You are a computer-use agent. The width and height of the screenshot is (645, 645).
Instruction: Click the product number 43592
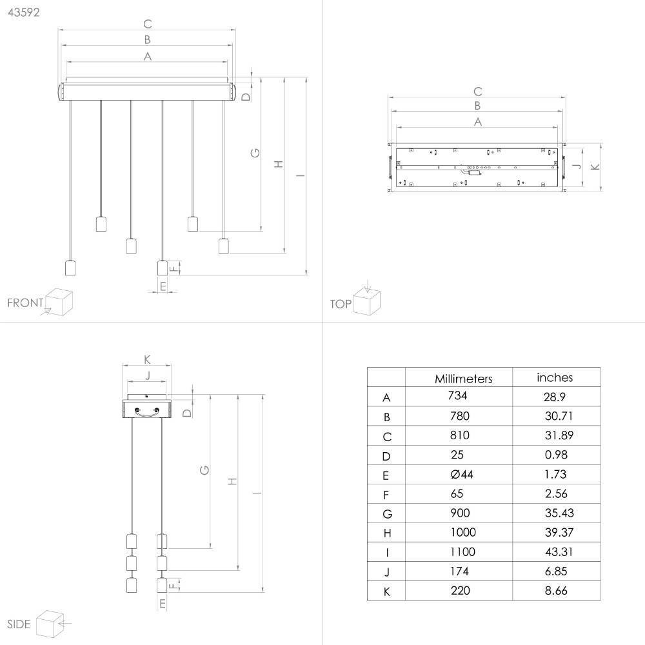pyautogui.click(x=23, y=12)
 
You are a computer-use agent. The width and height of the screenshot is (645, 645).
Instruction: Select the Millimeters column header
pyautogui.click(x=463, y=379)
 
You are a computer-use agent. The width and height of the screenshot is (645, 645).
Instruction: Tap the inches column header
pyautogui.click(x=555, y=377)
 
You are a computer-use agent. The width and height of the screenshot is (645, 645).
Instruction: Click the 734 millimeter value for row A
pyautogui.click(x=457, y=396)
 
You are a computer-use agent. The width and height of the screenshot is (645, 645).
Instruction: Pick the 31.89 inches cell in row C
pyautogui.click(x=559, y=435)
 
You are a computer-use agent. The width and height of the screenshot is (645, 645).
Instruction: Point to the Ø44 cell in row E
pyautogui.click(x=462, y=474)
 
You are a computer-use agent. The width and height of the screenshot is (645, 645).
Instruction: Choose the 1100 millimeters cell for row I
pyautogui.click(x=462, y=551)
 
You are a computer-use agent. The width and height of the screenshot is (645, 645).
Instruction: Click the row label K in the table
pyautogui.click(x=386, y=591)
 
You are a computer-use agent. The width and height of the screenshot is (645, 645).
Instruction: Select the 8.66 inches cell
pyautogui.click(x=556, y=591)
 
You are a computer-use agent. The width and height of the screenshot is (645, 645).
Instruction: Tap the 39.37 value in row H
pyautogui.click(x=559, y=532)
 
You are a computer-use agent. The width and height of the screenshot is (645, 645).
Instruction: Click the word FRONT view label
pyautogui.click(x=25, y=303)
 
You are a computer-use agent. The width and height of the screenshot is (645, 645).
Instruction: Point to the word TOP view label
pyautogui.click(x=341, y=304)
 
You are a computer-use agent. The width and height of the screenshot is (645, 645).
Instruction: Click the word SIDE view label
pyautogui.click(x=19, y=624)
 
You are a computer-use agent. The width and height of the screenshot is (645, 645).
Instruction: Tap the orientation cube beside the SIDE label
pyautogui.click(x=50, y=624)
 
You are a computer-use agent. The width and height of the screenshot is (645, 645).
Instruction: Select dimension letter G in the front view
pyautogui.click(x=255, y=153)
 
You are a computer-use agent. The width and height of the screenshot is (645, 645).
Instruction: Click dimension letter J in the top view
pyautogui.click(x=577, y=166)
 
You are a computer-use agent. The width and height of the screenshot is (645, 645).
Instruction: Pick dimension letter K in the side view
pyautogui.click(x=147, y=359)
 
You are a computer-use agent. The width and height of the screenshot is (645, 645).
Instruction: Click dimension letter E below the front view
pyautogui.click(x=163, y=286)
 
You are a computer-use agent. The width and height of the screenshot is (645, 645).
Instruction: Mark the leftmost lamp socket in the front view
pyautogui.click(x=70, y=268)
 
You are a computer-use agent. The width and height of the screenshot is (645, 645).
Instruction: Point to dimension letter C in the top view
pyautogui.click(x=477, y=92)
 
